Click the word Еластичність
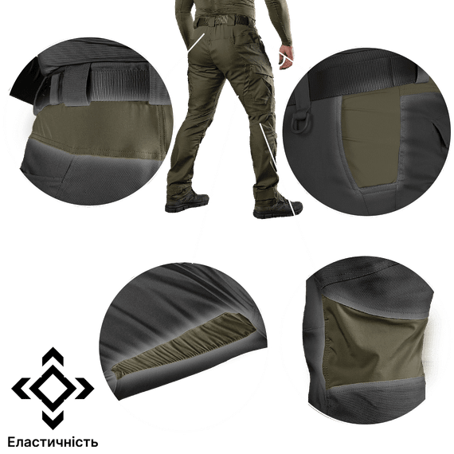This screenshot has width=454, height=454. pos(53,442)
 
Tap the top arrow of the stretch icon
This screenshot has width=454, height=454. pos(53,355)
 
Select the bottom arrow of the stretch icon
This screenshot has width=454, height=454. pos(53,420)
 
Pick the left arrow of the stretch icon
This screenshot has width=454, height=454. pos(20,388)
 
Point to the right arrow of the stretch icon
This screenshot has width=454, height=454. pos(85,388)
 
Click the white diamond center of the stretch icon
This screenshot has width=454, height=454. pos(53,388)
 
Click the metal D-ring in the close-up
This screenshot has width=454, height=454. pos(302,122)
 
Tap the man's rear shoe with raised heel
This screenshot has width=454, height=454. pos(187,202)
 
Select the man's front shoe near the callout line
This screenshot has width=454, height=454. pos(277,208)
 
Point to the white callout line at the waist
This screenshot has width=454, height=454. pos(196,44)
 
